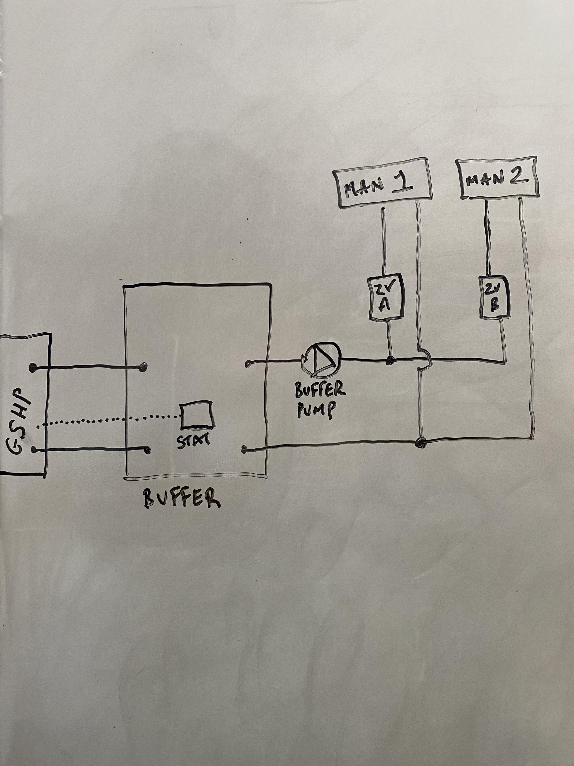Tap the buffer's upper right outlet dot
click(x=247, y=364)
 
